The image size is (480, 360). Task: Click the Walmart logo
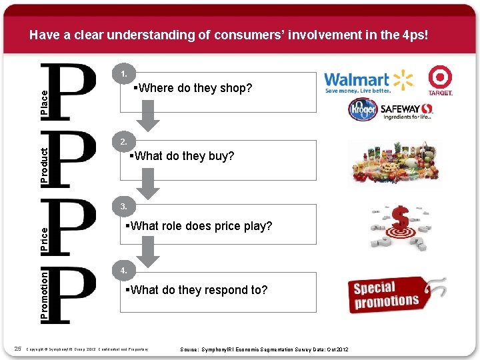click(x=369, y=81)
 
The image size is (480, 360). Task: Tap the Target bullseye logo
click(x=440, y=81)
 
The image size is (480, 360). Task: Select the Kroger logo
click(x=362, y=110)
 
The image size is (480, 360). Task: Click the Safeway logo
click(x=407, y=111)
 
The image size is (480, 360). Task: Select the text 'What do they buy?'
click(x=181, y=156)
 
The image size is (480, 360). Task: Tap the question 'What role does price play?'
click(x=199, y=226)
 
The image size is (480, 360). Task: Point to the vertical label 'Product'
click(x=45, y=167)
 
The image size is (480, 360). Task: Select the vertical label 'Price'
click(x=45, y=239)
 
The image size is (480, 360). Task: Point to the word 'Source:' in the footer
click(x=193, y=350)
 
